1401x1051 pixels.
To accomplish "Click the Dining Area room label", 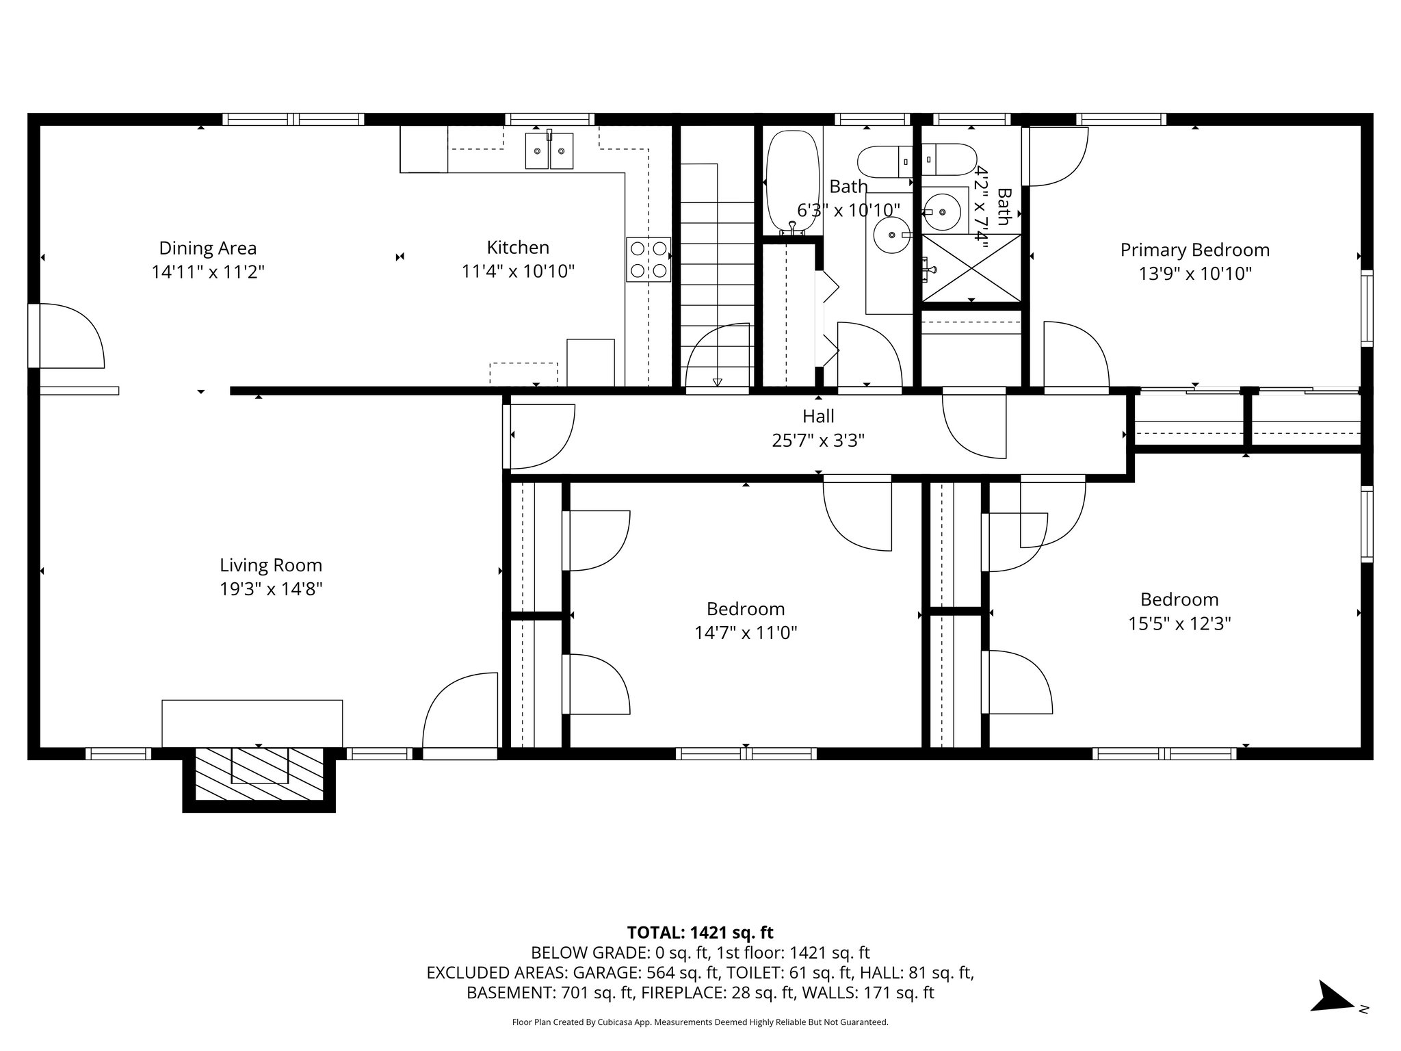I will coord(207,248).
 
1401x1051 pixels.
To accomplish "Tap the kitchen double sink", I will coord(549,151).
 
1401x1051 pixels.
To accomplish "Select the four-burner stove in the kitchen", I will coord(649,259).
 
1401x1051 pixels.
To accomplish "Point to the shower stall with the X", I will coord(971,268).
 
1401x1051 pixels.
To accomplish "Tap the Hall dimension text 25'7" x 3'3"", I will coord(818,441).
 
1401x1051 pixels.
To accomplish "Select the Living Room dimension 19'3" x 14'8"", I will coord(271,589).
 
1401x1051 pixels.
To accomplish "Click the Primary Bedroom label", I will coord(1194,250).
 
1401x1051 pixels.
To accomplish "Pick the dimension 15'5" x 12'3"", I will coord(1179,624).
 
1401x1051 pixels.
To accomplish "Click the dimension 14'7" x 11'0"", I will coord(746,633).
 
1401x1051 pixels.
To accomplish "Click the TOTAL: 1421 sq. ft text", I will coord(700,933).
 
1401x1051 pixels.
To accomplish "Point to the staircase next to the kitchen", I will coord(717,274).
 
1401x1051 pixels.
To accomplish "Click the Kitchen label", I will coord(518,248).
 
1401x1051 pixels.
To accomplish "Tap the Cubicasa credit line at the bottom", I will coord(700,1022).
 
